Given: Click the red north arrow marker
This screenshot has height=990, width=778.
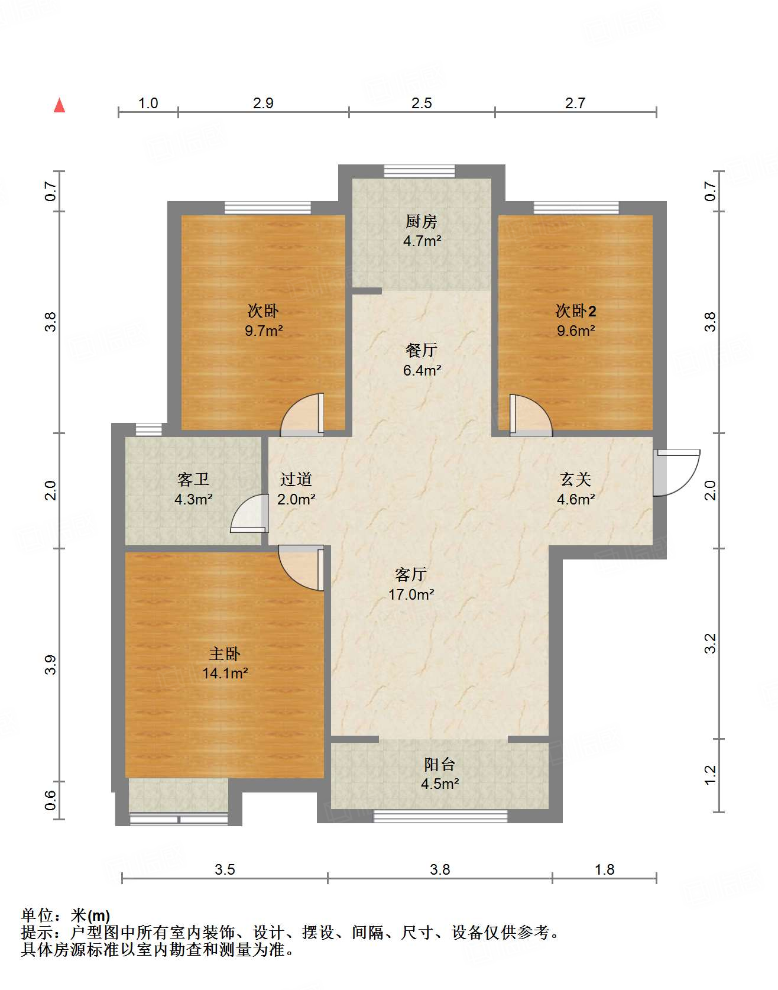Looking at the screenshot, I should (x=59, y=105).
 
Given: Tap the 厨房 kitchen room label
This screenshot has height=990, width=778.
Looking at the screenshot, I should (x=421, y=221).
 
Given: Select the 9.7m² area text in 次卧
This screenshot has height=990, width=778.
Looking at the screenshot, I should (x=264, y=331).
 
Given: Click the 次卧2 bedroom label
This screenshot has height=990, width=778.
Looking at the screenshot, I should (x=575, y=310).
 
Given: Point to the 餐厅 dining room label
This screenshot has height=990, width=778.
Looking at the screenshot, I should (x=421, y=350).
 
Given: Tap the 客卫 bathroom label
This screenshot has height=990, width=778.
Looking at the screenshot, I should (x=193, y=479).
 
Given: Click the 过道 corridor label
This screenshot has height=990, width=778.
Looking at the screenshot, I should (x=296, y=479).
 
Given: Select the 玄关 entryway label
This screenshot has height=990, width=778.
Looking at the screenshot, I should (x=575, y=479).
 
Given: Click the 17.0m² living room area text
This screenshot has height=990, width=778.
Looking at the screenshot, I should (x=411, y=594).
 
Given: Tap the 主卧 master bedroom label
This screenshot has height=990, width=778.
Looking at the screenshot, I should (x=225, y=653).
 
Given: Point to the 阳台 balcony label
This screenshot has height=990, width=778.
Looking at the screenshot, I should (x=439, y=764).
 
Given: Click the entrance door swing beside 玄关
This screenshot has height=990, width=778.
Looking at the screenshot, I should (x=677, y=472).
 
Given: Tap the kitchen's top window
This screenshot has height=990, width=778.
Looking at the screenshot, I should (x=419, y=171).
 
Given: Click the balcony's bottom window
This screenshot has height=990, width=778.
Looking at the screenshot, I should (x=440, y=816).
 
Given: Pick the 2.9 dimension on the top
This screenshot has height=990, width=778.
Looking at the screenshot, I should (x=263, y=103).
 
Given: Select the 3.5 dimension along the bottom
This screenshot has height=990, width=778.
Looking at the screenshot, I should (x=225, y=869).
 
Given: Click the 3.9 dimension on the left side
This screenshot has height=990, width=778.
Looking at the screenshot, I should (x=51, y=665).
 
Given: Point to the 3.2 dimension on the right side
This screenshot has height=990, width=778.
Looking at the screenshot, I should (x=711, y=643).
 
